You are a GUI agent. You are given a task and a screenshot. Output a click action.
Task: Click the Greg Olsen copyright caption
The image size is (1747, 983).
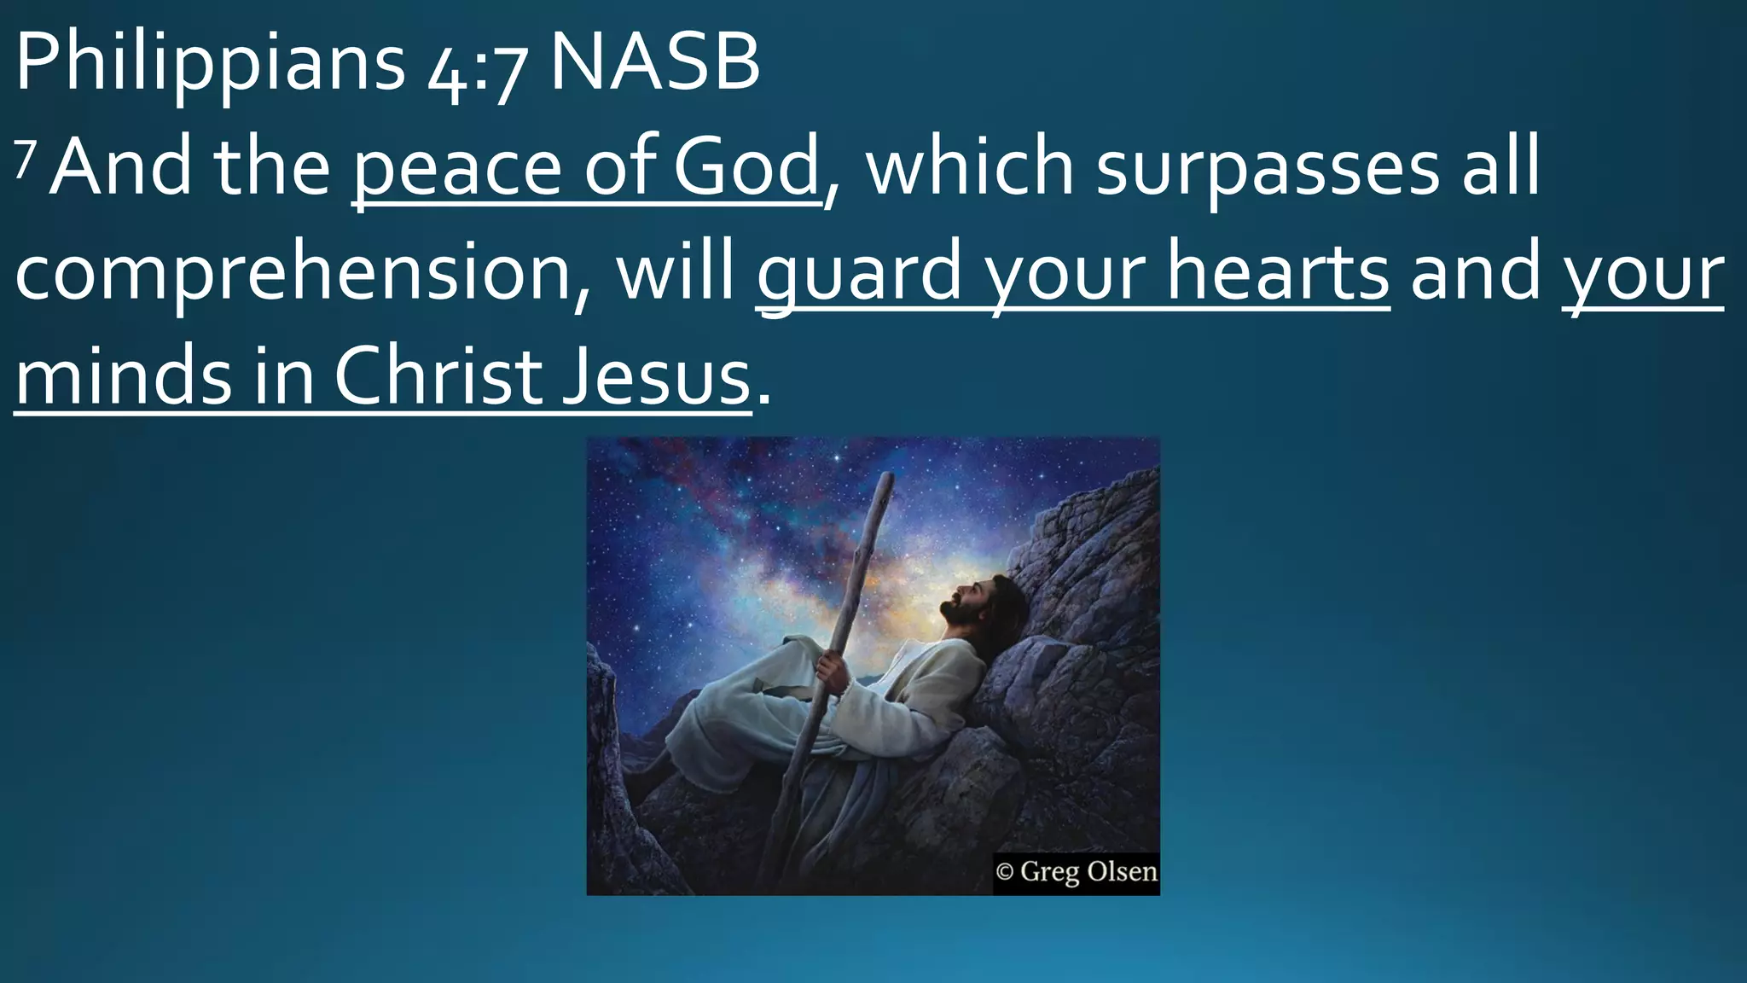tap(1076, 872)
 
